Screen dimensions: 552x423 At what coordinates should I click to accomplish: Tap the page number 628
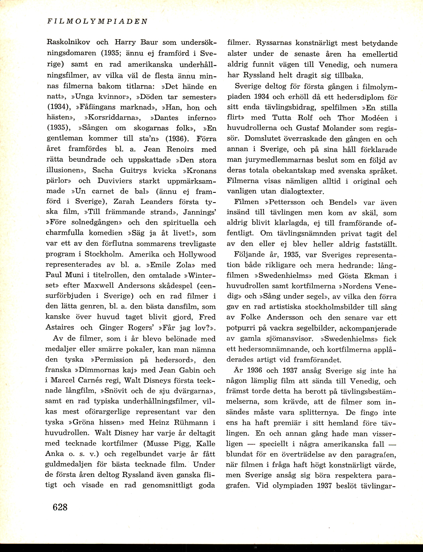click(60, 506)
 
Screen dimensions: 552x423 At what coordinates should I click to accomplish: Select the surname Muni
click(74, 275)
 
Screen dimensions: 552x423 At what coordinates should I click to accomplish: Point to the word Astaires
click(60, 327)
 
